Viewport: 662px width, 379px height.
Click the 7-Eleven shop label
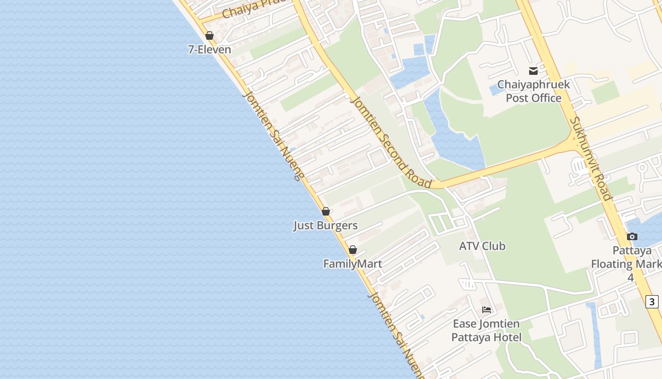coord(209,49)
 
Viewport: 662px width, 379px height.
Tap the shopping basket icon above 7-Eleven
coord(209,36)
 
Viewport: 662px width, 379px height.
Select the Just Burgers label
coord(325,226)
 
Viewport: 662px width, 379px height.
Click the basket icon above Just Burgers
coord(326,211)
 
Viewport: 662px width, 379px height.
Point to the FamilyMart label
coord(353,263)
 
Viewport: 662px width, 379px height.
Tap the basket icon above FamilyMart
coord(353,250)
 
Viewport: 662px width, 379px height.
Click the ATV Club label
coord(482,246)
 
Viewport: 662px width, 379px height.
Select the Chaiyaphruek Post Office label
coord(533,91)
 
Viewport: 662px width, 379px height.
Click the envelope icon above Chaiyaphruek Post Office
coord(533,71)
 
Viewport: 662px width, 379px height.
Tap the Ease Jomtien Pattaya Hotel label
coord(486,330)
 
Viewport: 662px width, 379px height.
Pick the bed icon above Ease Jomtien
coord(487,310)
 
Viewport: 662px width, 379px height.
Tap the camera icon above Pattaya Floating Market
coord(632,236)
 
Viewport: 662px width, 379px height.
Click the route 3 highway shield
coord(653,301)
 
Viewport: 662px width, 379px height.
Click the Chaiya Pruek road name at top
coord(254,7)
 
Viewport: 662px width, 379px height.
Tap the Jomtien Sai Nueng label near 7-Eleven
coord(272,135)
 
